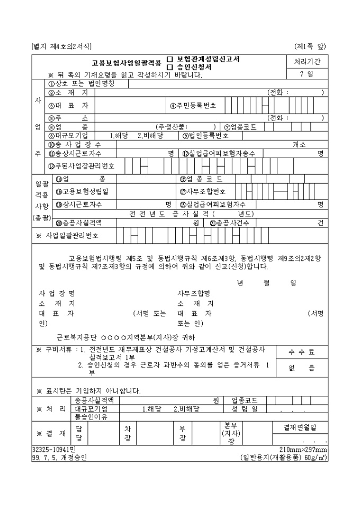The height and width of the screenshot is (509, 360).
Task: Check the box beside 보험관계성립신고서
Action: [169, 59]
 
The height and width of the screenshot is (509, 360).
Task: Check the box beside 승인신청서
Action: [169, 67]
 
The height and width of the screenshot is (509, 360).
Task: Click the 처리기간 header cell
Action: [307, 61]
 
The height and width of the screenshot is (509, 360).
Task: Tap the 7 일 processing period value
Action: [307, 74]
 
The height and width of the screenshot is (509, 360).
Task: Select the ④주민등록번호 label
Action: [193, 105]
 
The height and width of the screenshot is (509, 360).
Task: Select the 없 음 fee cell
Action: [301, 368]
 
